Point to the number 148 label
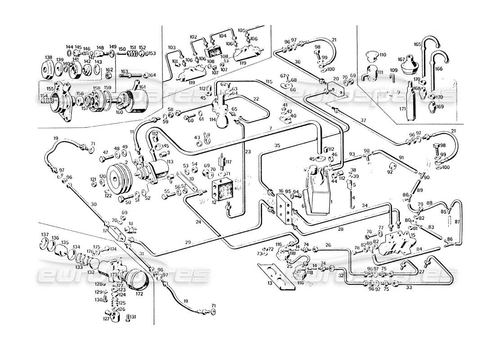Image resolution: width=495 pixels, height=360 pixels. pos(100,47)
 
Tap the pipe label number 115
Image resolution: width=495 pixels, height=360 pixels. pos(269,81)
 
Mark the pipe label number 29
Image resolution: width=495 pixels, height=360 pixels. pos(187,243)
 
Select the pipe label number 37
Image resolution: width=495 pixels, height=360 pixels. pos(362,120)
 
